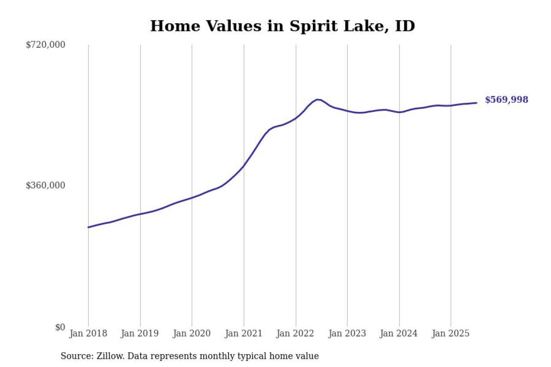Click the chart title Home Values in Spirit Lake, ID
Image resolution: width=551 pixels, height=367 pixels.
point(282,26)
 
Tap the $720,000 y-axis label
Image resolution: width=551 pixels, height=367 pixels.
point(46,45)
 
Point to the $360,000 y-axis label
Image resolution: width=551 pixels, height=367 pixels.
point(46,185)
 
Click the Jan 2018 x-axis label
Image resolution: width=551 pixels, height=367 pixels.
point(88,333)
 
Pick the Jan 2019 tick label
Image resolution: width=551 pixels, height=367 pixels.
point(140,333)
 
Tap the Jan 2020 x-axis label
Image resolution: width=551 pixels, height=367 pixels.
point(192,333)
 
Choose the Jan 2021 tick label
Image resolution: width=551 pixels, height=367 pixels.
point(244,333)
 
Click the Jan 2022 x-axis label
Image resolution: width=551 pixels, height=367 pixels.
point(296,333)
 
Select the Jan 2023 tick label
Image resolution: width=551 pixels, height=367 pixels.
point(347,333)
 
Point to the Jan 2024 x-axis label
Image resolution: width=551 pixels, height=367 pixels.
point(399,333)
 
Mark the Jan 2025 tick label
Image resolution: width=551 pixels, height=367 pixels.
point(451,333)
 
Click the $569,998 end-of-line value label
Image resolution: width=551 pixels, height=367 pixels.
point(506,100)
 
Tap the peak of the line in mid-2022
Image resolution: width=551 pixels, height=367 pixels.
point(317,99)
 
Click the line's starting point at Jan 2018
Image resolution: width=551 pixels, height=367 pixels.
point(88,227)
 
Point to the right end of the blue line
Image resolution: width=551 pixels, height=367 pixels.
point(477,103)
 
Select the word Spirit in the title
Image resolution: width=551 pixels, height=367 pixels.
point(310,26)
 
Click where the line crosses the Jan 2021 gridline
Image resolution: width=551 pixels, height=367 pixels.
point(244,166)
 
